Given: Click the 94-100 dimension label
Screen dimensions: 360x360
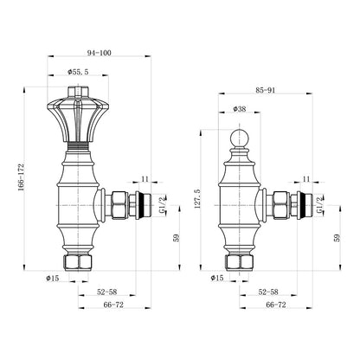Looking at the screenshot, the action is (x=99, y=53).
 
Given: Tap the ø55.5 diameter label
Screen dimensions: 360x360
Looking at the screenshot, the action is (x=78, y=72).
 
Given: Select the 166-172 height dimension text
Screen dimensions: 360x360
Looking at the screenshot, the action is (x=22, y=177).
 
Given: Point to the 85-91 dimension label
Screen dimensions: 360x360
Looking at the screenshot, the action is (x=266, y=90).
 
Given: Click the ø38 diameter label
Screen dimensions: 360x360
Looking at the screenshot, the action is (x=240, y=109).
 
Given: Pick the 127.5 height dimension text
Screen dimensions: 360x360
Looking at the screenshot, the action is (x=198, y=199).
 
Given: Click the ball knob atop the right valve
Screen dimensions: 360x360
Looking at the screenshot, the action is (x=239, y=138).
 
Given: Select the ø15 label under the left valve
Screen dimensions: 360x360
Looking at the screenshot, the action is (x=52, y=278).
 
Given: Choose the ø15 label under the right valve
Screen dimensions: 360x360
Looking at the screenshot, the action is (x=217, y=278).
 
